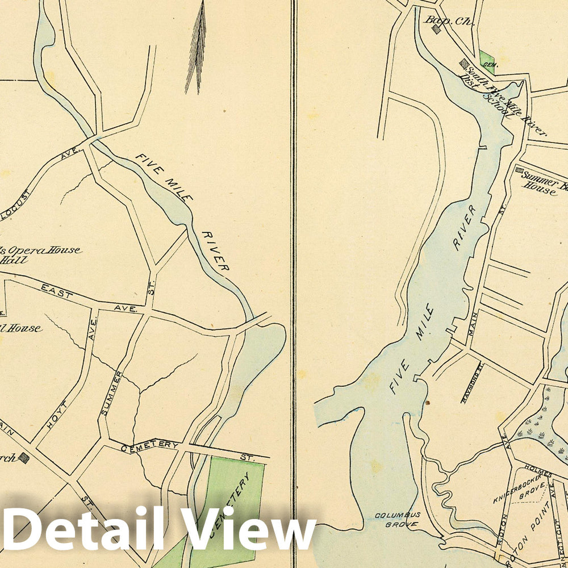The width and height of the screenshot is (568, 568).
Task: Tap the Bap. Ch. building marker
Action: [437, 29]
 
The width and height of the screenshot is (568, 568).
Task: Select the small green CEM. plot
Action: [486, 59]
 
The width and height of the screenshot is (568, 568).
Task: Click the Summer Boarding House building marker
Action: [519, 170]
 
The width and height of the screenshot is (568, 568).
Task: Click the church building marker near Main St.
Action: [23, 457]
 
